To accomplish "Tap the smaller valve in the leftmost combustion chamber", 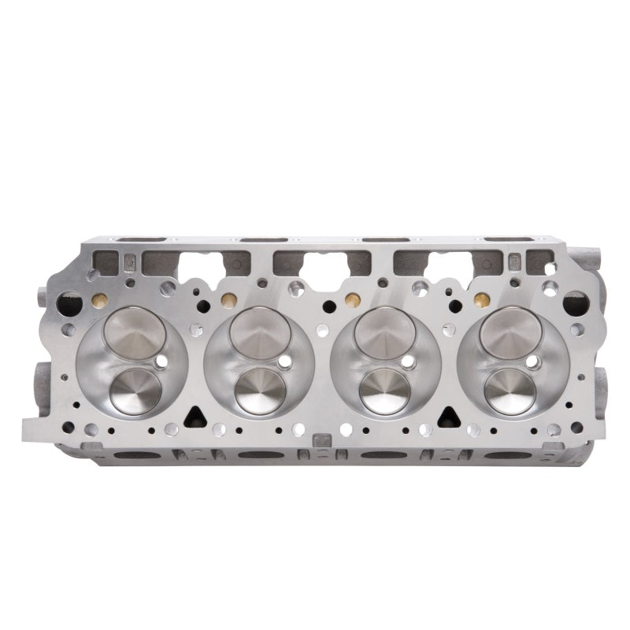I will (135, 391).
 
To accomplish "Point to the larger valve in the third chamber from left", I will (385, 331).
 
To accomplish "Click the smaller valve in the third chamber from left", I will (385, 391).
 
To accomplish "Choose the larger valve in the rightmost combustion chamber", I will (510, 331).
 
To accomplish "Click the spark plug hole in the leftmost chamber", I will (161, 362).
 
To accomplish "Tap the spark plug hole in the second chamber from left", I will (286, 362).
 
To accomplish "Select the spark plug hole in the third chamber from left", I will (410, 362).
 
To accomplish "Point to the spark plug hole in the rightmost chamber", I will (533, 362).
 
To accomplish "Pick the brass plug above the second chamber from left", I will (228, 300).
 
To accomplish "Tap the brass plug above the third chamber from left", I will (353, 300).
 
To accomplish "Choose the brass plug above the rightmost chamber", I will (478, 300).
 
